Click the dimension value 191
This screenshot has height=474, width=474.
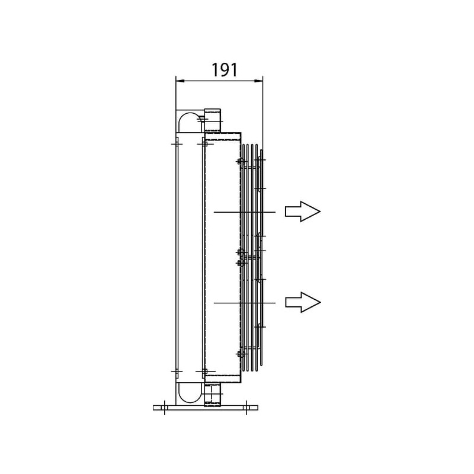tap(225, 70)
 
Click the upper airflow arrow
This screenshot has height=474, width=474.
tap(303, 212)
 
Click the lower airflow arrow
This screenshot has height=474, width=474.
tap(303, 302)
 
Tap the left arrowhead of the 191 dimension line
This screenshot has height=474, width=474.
tap(180, 81)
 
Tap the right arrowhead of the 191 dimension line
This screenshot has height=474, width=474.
tap(259, 81)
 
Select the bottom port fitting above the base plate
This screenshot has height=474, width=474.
tap(213, 394)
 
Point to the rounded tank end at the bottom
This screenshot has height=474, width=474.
tap(190, 393)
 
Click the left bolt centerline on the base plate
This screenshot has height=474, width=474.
tap(164, 408)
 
